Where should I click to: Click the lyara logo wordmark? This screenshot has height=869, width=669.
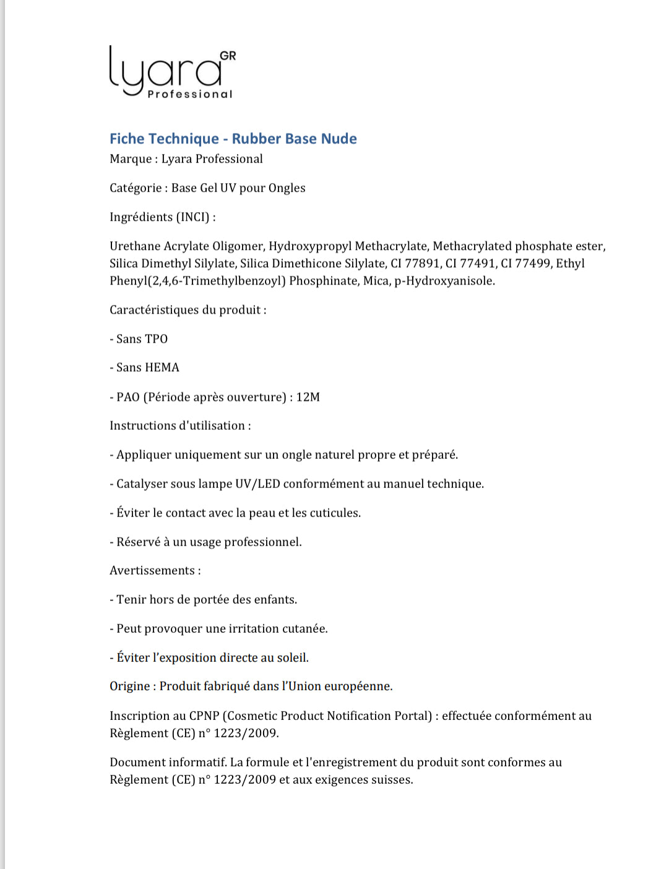click(166, 71)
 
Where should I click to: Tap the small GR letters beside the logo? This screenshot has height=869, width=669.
click(228, 56)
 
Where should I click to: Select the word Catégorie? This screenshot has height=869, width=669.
click(136, 188)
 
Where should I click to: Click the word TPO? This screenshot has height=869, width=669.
click(156, 339)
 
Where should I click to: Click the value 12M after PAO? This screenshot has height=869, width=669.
click(308, 397)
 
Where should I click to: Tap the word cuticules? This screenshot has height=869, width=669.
click(334, 513)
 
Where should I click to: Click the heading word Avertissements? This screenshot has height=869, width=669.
click(152, 570)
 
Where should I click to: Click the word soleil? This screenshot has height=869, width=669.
click(291, 657)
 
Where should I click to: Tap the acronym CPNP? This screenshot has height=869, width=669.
click(204, 716)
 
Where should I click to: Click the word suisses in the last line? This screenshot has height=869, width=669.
click(392, 779)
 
